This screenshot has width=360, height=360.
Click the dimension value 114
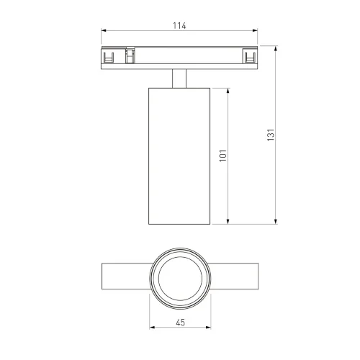[179, 26]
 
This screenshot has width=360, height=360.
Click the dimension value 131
[271, 135]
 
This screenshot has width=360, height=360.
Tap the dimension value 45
[179, 323]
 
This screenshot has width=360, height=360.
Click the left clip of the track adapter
[110, 56]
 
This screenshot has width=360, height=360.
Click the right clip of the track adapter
[249, 56]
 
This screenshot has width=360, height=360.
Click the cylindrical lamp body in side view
[179, 155]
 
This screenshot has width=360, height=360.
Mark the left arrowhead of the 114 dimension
[103, 32]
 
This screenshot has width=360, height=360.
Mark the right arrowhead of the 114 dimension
[256, 32]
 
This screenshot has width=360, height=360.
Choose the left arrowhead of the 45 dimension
[150, 330]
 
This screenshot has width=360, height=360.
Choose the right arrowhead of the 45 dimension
[209, 330]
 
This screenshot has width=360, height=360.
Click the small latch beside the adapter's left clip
[130, 55]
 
